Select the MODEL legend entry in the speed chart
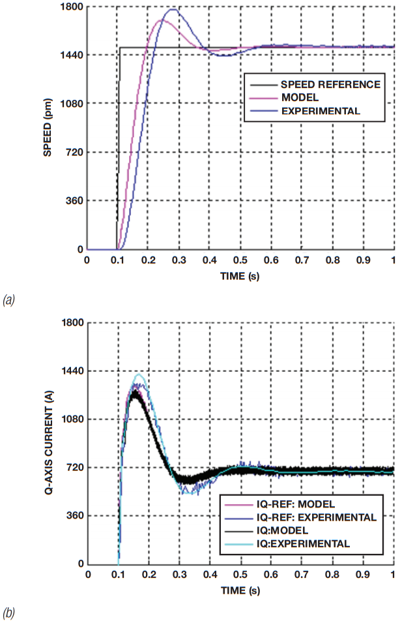pyautogui.click(x=297, y=97)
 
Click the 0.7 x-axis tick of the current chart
pyautogui.click(x=302, y=575)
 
